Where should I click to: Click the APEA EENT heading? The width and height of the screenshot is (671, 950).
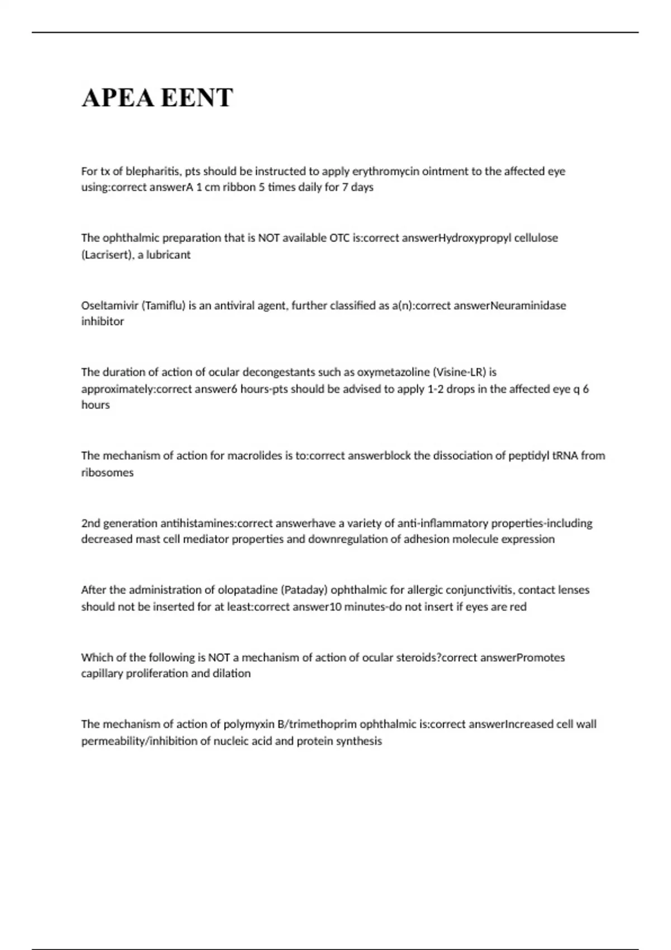pyautogui.click(x=157, y=98)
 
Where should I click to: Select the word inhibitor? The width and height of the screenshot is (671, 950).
pyautogui.click(x=102, y=321)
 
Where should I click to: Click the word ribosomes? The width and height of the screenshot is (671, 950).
pyautogui.click(x=107, y=473)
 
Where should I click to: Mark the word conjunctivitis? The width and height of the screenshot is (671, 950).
pyautogui.click(x=479, y=590)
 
